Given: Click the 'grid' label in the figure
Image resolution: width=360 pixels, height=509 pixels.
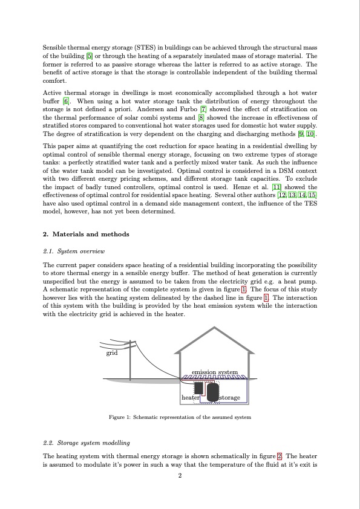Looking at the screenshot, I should pyautogui.click(x=112, y=352).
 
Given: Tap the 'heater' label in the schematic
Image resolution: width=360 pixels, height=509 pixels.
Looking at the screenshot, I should pyautogui.click(x=191, y=398).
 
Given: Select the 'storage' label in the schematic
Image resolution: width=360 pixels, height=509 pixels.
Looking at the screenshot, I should pyautogui.click(x=230, y=398).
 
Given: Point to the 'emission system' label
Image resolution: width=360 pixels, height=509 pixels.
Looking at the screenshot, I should pyautogui.click(x=214, y=371).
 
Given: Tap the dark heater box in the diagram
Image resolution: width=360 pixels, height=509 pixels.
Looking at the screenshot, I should pyautogui.click(x=197, y=387).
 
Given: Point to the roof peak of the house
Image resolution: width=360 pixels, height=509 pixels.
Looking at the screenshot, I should pyautogui.click(x=214, y=328).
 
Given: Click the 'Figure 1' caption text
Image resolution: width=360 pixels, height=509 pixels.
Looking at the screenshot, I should pyautogui.click(x=180, y=417).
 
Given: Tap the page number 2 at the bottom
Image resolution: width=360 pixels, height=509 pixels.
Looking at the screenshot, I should pyautogui.click(x=180, y=475).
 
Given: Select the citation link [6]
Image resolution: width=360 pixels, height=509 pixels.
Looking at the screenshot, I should pyautogui.click(x=67, y=100).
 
